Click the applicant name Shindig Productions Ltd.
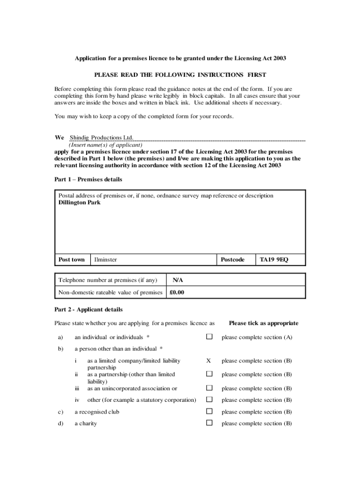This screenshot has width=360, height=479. [102, 138]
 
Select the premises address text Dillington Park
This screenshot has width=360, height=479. [79, 203]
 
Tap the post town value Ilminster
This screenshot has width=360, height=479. [106, 260]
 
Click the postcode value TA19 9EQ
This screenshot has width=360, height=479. [274, 260]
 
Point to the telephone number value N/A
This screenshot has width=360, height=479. [178, 280]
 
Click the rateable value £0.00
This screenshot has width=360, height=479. [177, 293]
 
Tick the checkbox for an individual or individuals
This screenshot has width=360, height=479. [209, 337]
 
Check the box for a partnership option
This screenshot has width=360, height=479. [209, 374]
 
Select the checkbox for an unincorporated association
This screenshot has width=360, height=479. [209, 388]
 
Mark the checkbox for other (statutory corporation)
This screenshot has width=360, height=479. [209, 399]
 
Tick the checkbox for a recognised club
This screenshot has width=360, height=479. [209, 412]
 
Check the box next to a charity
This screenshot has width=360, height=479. [209, 423]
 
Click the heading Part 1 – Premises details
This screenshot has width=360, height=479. [88, 180]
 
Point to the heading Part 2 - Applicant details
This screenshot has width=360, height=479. [88, 310]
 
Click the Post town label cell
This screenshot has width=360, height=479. [72, 260]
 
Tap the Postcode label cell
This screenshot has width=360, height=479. [232, 260]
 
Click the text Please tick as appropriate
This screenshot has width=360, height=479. [263, 323]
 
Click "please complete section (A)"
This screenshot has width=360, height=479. [257, 337]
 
